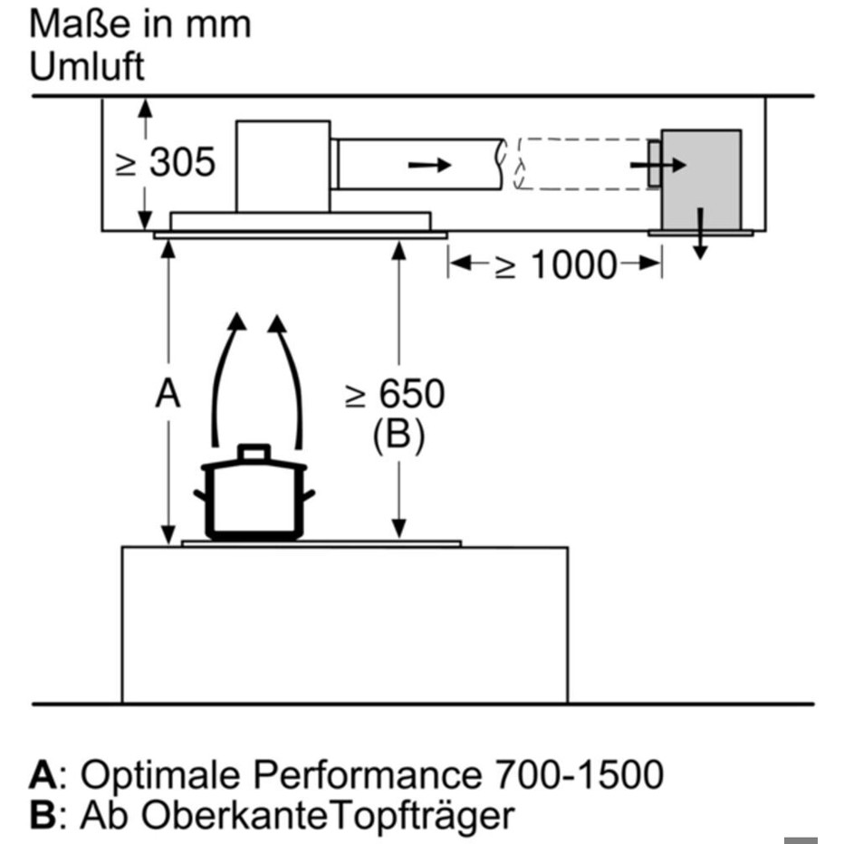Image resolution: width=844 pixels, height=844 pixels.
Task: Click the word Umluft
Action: (x=87, y=66)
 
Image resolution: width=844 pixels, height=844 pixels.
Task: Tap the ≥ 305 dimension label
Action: (x=165, y=163)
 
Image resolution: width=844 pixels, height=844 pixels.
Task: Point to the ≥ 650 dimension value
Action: (x=397, y=395)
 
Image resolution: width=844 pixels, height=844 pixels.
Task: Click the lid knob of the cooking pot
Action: (x=254, y=452)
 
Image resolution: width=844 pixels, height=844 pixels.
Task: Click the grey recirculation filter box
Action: (x=702, y=178)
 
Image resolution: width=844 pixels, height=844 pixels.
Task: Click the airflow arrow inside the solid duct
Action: (x=427, y=165)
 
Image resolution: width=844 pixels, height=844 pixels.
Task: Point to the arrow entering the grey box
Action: (x=657, y=166)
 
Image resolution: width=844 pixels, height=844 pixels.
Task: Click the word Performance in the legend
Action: (x=363, y=775)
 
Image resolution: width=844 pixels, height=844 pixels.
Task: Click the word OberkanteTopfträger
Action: (x=296, y=816)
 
